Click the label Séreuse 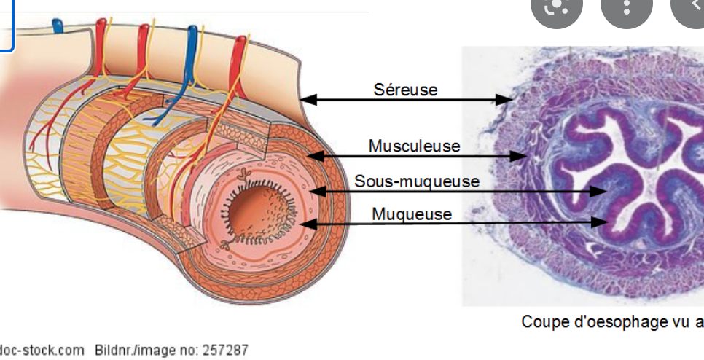(x=405, y=89)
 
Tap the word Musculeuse (x=414, y=146)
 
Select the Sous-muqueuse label (x=417, y=181)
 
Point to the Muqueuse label (x=411, y=214)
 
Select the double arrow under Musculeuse (x=416, y=155)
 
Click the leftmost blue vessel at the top (x=58, y=28)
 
